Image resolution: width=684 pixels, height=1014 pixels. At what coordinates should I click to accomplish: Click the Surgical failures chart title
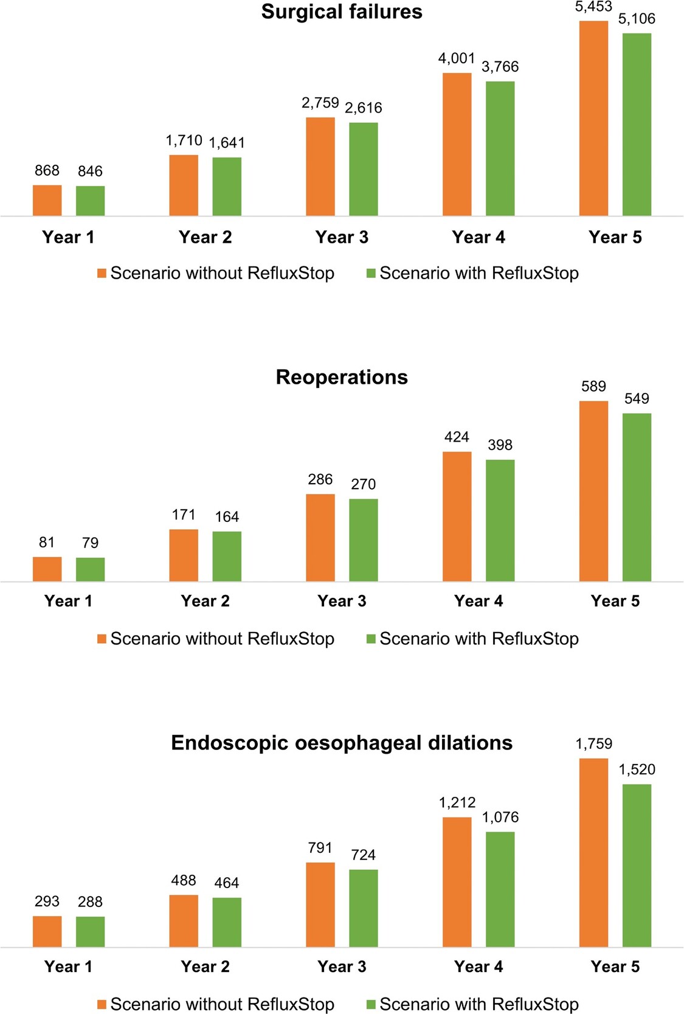(x=342, y=12)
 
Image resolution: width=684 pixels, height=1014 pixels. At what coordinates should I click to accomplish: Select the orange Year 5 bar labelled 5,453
(x=593, y=119)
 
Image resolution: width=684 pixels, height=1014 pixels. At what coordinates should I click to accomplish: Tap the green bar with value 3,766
(x=500, y=148)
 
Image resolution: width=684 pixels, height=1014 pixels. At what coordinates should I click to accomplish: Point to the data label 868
(x=47, y=170)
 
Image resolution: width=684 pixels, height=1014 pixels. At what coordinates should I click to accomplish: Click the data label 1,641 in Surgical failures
(x=227, y=143)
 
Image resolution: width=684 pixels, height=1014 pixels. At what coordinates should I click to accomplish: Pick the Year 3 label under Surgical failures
(x=342, y=237)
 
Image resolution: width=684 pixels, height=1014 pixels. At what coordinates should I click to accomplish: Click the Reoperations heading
(x=342, y=377)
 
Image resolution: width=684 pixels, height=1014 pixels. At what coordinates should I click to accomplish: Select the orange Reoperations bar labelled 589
(x=593, y=491)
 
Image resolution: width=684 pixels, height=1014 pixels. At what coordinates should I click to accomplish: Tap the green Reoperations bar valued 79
(x=90, y=569)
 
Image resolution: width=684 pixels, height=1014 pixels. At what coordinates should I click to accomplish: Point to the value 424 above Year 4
(x=457, y=437)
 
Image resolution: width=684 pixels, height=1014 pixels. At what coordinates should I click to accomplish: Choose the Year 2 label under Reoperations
(x=205, y=601)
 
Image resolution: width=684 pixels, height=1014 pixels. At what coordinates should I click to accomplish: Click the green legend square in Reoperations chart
(x=371, y=639)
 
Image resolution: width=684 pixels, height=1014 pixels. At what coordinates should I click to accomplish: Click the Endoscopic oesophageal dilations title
(x=342, y=743)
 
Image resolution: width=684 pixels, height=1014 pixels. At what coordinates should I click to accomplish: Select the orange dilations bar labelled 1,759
(x=593, y=853)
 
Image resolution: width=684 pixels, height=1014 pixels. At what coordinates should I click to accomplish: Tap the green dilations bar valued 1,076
(x=500, y=889)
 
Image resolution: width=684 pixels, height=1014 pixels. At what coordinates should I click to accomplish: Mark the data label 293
(x=47, y=901)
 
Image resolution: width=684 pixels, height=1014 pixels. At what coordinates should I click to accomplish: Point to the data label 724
(x=363, y=855)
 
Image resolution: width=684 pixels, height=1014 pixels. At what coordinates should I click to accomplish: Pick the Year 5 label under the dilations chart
(x=615, y=967)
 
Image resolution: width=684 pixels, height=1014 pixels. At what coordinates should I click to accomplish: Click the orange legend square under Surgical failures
(x=102, y=274)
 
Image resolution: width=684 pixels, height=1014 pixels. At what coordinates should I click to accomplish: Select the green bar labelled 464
(x=227, y=922)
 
